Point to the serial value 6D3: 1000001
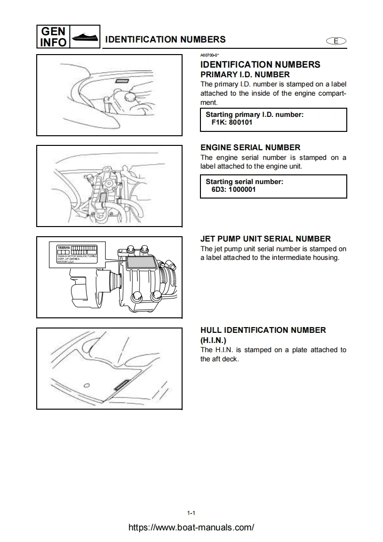pyautogui.click(x=234, y=189)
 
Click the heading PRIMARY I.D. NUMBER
pyautogui.click(x=245, y=74)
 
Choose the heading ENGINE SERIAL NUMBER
pyautogui.click(x=250, y=147)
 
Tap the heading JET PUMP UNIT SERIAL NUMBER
pyautogui.click(x=266, y=239)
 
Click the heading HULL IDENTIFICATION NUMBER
pyautogui.click(x=263, y=330)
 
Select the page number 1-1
pyautogui.click(x=191, y=513)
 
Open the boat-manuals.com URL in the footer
pyautogui.click(x=191, y=528)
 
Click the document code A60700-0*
pyautogui.click(x=210, y=56)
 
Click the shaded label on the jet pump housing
pyautogui.click(x=141, y=262)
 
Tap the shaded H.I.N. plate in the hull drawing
pyautogui.click(x=120, y=385)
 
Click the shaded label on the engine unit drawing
pyautogui.click(x=103, y=200)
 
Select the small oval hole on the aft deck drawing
pyautogui.click(x=87, y=385)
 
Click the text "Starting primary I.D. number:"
pyautogui.click(x=255, y=114)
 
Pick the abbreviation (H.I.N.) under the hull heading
pyautogui.click(x=213, y=340)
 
